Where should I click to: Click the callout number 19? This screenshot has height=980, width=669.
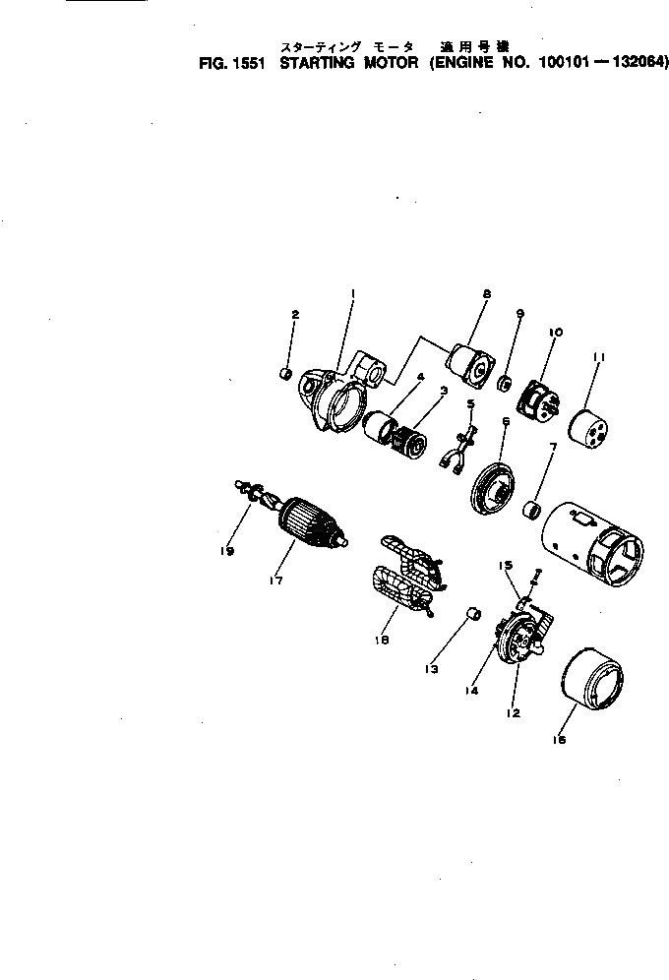(227, 552)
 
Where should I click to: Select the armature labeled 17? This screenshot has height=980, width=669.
(312, 524)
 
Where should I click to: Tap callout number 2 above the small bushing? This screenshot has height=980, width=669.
(294, 314)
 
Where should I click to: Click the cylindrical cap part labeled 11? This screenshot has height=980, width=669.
(587, 424)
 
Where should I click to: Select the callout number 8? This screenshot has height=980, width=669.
(486, 294)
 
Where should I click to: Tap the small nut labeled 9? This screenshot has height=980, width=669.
(503, 381)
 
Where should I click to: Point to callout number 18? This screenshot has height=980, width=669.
(382, 640)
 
